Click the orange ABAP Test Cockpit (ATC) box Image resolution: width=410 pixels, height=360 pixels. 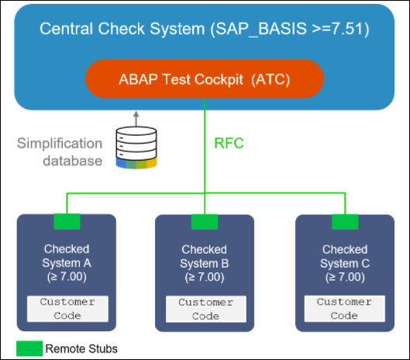[x=205, y=79]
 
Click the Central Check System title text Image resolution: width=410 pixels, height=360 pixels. [x=205, y=29]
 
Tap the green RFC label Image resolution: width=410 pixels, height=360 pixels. [x=229, y=144]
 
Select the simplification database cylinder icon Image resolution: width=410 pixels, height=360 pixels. [x=136, y=147]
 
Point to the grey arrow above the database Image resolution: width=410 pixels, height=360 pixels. [x=136, y=119]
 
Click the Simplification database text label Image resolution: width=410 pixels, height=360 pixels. [x=60, y=152]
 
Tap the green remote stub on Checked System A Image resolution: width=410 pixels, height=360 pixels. [x=67, y=221]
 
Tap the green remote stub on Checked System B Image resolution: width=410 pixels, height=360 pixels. [x=205, y=222]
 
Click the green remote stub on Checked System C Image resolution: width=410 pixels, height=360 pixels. [x=345, y=222]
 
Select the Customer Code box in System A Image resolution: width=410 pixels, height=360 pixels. [x=67, y=309]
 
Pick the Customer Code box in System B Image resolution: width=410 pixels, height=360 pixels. [x=206, y=310]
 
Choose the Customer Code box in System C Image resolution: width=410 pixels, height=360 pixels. [x=345, y=309]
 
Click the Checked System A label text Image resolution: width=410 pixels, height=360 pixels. [x=67, y=263]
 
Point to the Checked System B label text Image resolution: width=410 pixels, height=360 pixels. [x=204, y=263]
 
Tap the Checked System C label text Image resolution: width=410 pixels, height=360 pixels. [x=345, y=263]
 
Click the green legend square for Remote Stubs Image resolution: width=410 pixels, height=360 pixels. [x=29, y=348]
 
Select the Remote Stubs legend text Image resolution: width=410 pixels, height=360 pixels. [x=81, y=348]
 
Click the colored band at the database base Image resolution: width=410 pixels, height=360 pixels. [x=136, y=164]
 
